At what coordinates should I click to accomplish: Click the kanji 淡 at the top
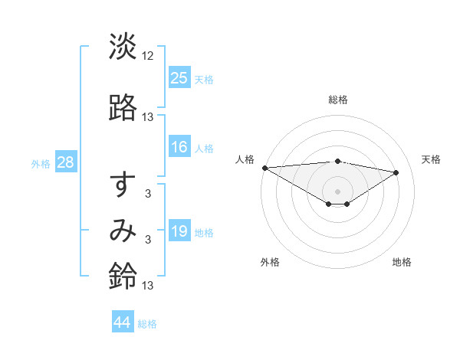(x=123, y=47)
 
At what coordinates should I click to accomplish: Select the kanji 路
(x=123, y=109)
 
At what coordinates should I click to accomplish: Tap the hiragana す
(x=123, y=187)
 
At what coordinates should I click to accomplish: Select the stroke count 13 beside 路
(x=148, y=116)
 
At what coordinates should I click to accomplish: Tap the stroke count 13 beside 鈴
(x=148, y=286)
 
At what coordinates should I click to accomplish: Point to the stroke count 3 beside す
(x=148, y=194)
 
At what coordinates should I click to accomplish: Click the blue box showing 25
(x=179, y=78)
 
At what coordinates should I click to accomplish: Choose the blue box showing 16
(x=179, y=147)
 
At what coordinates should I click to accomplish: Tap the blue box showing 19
(x=179, y=231)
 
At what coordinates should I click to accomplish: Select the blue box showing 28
(x=65, y=162)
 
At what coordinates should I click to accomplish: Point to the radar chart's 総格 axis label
(x=338, y=100)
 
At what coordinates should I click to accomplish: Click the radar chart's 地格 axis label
(x=402, y=262)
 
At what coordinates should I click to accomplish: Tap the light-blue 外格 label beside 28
(x=40, y=163)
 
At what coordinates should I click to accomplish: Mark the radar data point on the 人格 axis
(x=264, y=168)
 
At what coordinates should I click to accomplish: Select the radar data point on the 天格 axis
(x=396, y=172)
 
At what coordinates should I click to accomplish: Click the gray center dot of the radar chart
(x=338, y=191)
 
